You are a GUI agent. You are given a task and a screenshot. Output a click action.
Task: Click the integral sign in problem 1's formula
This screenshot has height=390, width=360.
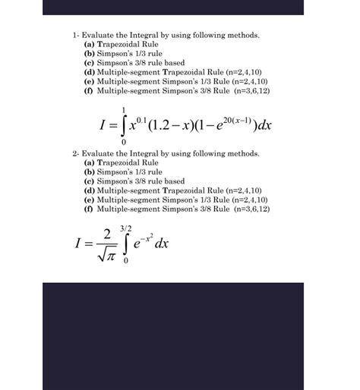click(123, 124)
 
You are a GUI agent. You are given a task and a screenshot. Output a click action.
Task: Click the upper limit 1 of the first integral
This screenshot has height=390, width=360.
click(123, 108)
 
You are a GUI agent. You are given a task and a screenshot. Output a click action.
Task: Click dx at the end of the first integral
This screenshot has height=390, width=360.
click(264, 125)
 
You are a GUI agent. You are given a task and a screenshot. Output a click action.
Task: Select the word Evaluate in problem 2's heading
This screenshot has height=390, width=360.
click(96, 153)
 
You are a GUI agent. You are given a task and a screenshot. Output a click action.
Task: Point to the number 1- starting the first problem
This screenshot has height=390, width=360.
click(75, 36)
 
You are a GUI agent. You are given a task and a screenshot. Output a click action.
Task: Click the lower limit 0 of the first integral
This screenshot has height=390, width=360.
click(123, 142)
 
